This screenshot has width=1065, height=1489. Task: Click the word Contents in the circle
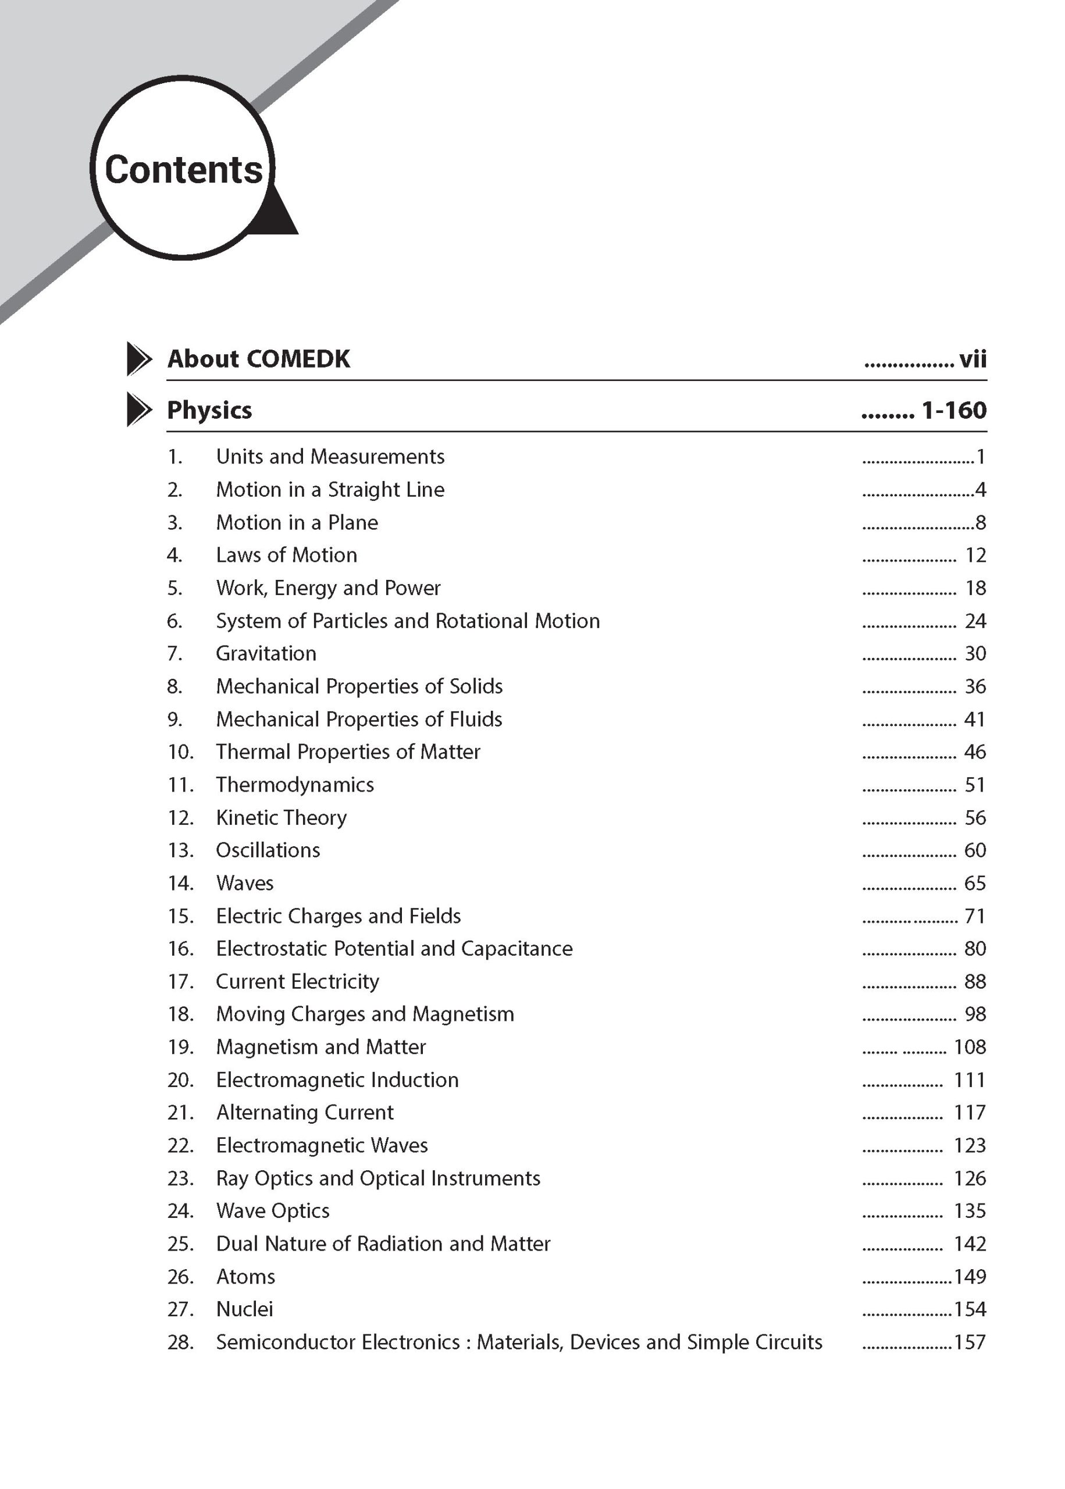tap(184, 170)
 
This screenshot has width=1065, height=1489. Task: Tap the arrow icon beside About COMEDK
tap(138, 359)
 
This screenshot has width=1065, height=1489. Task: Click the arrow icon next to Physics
tap(138, 410)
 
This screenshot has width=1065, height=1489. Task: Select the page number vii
tap(973, 359)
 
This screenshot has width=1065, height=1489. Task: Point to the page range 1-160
tap(953, 411)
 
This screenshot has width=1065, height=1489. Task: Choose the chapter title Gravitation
tap(266, 654)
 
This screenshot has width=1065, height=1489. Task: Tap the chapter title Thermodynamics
tap(295, 785)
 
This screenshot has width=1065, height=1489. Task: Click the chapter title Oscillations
tap(268, 850)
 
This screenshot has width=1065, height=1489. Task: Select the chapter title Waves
tap(245, 883)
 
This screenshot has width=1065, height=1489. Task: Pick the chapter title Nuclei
tap(245, 1309)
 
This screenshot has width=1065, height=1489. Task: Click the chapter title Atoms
tap(246, 1277)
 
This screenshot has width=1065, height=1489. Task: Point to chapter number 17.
tap(180, 982)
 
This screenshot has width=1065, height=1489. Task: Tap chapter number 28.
tap(180, 1342)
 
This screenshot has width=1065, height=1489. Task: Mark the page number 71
tap(975, 916)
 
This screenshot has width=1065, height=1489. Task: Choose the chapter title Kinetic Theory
tap(282, 818)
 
